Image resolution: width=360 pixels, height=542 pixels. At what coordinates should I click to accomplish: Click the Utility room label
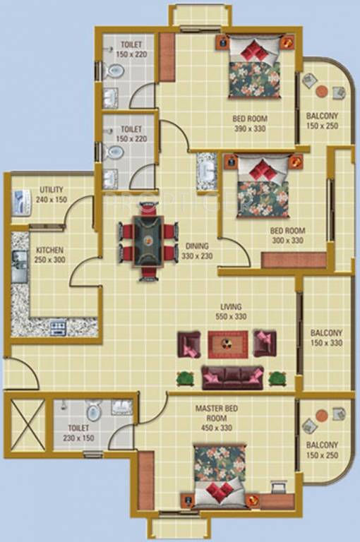click(52, 194)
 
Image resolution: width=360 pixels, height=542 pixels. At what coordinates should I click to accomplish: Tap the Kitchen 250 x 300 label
click(50, 255)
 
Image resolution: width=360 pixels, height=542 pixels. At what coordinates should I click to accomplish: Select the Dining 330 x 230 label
click(197, 251)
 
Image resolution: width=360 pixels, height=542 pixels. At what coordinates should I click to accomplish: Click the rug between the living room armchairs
click(226, 344)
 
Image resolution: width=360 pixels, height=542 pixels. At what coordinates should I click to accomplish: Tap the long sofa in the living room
click(232, 377)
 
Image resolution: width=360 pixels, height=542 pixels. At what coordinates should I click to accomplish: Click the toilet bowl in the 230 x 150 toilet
click(94, 410)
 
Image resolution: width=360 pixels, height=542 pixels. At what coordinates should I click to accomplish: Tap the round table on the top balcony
click(321, 90)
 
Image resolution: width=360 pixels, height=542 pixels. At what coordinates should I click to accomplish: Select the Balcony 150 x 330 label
click(326, 338)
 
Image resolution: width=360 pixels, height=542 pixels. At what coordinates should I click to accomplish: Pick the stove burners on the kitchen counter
click(58, 327)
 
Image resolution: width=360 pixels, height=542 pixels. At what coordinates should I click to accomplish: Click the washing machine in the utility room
click(22, 203)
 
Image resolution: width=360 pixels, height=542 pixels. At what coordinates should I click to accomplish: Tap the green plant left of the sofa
click(186, 378)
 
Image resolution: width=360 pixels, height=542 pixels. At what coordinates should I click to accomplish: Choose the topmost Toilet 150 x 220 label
click(132, 48)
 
